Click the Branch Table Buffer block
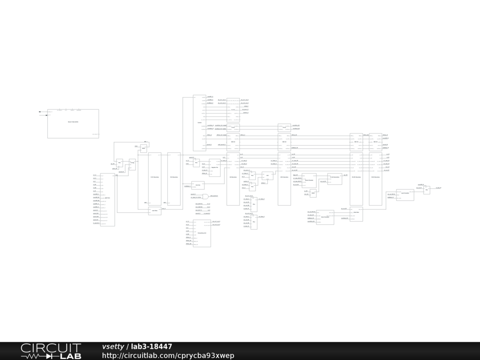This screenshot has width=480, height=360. [73, 123]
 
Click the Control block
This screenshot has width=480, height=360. [199, 123]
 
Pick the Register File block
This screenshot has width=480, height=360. [214, 167]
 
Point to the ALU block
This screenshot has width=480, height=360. [267, 176]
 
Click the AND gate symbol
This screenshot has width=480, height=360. [205, 196]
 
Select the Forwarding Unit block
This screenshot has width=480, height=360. [202, 233]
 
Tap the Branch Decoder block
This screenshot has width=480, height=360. [309, 180]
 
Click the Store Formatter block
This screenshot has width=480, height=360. [325, 217]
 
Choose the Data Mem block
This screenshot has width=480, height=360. [356, 213]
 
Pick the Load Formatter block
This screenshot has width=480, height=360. [405, 195]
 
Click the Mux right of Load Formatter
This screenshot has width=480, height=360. [427, 190]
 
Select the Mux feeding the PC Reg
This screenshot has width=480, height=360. [120, 163]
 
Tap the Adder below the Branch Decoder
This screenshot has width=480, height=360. [313, 193]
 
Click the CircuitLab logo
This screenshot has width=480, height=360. [51, 351]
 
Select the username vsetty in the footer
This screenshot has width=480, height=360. [113, 346]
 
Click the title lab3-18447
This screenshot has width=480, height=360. [151, 346]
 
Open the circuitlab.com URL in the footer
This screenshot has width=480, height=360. [168, 355]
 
